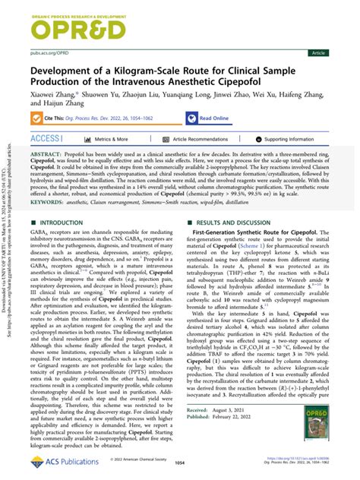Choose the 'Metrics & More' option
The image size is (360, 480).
pos(106,140)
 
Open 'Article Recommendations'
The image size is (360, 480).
pos(203,140)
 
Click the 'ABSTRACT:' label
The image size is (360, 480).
pos(47,153)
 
